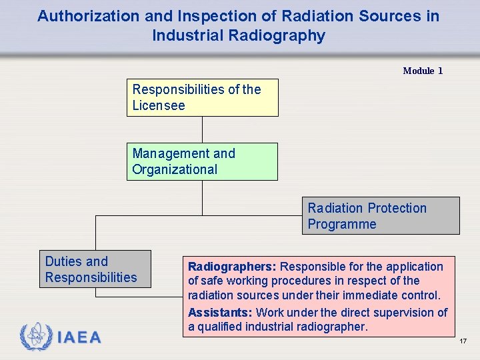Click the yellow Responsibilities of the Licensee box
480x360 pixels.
202,98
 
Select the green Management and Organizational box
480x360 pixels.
202,161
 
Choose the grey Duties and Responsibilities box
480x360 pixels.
95,269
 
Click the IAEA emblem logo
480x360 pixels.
35,337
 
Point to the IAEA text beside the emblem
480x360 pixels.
79,338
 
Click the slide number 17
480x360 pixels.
463,341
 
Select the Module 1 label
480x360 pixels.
423,71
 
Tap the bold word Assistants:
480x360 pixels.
220,313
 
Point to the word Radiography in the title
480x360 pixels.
284,36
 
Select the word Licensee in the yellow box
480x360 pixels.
159,105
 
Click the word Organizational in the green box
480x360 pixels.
175,169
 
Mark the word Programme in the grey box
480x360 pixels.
341,224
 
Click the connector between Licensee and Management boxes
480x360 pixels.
202,129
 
